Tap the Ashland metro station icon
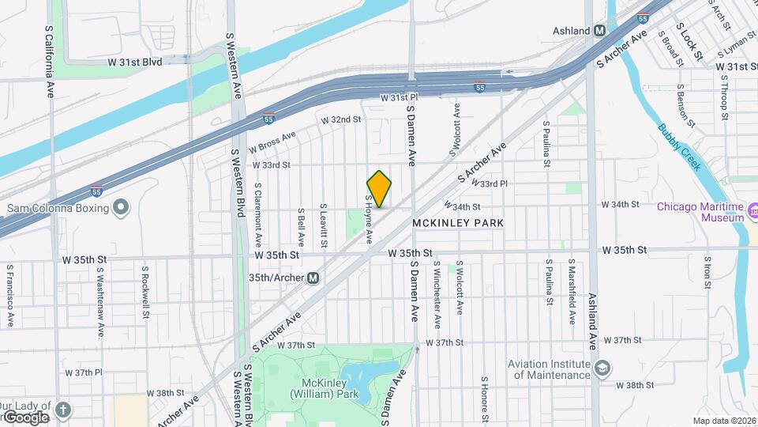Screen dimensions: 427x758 point(599,31)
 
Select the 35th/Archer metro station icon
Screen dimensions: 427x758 point(313,278)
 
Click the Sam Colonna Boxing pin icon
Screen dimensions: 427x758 point(120,207)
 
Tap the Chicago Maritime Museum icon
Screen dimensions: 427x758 point(752,211)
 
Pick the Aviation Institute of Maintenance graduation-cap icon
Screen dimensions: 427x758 point(602,368)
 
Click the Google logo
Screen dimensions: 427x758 point(26,417)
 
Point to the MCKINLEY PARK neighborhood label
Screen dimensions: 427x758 point(458,224)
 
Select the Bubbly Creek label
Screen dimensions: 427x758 point(680,147)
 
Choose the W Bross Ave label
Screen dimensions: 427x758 point(272,142)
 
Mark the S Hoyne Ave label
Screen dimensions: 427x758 point(368,219)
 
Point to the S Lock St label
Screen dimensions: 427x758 point(691,44)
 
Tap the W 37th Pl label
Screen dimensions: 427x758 point(84,372)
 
